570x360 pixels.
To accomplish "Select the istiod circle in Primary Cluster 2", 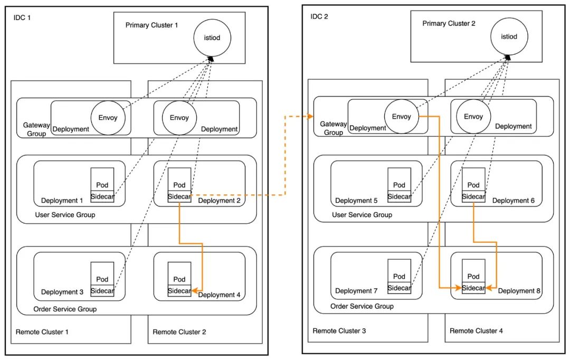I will point(509,36).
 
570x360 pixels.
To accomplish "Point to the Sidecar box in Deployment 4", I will point(179,290).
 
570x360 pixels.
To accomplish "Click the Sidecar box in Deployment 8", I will point(473,288).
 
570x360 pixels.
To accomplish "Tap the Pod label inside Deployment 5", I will point(400,185).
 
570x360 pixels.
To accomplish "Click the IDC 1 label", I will point(23,17).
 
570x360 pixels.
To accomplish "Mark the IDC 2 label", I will point(319,16).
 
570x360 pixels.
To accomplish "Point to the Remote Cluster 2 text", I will point(179,332).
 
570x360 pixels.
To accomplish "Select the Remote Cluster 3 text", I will point(339,331).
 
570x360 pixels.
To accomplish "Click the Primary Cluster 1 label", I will point(151,25).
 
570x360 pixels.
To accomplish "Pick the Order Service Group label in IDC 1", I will point(65,309).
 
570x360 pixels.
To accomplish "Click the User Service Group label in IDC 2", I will point(362,215).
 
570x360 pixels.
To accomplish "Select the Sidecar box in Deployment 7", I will point(400,288).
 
